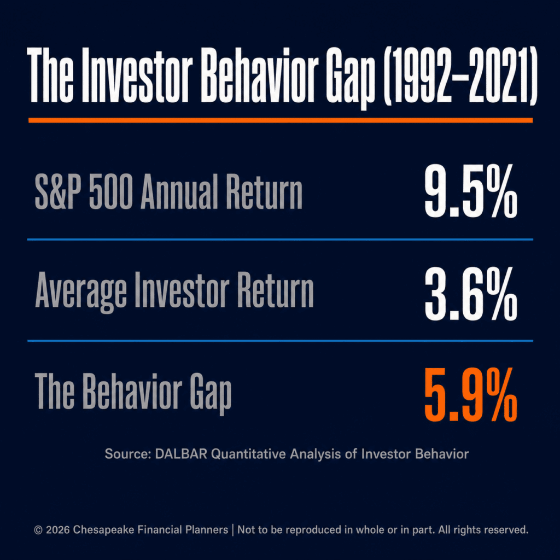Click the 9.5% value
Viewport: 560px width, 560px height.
point(471,191)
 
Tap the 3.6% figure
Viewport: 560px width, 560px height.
point(471,294)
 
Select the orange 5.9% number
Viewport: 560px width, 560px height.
point(471,395)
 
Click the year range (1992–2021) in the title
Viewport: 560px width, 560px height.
point(460,76)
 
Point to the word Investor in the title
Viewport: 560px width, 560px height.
point(137,75)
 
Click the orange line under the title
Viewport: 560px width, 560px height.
point(281,120)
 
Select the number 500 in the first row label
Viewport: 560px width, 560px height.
point(110,192)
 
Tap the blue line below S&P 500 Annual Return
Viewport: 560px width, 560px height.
point(281,240)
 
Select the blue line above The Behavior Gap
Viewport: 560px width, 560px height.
point(281,341)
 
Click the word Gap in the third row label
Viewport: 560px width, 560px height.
point(211,393)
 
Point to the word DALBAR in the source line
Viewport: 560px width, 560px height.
point(181,454)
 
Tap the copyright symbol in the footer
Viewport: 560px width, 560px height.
point(38,530)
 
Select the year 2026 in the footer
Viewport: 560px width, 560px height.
point(57,529)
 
